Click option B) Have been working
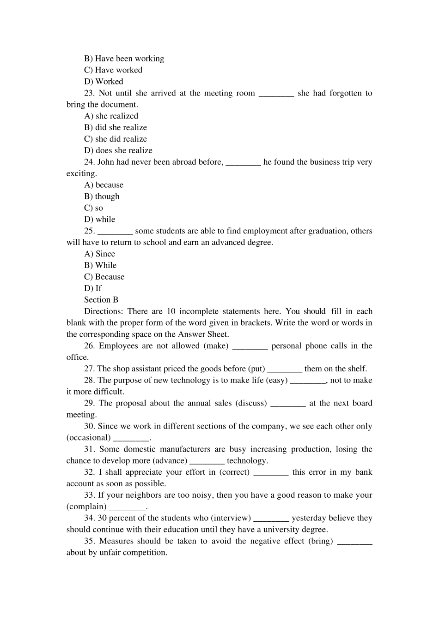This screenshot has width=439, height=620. (x=124, y=59)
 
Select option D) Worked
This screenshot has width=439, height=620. (x=104, y=82)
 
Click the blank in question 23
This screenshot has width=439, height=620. (x=276, y=94)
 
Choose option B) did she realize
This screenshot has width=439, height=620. (x=116, y=127)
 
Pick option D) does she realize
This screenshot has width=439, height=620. (x=118, y=150)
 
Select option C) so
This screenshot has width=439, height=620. (x=93, y=208)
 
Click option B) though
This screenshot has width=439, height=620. (x=102, y=197)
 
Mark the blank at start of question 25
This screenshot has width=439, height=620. (x=116, y=232)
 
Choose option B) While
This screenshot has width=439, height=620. (x=100, y=265)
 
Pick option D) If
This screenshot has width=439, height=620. (x=92, y=288)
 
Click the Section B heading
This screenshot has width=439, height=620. (x=101, y=300)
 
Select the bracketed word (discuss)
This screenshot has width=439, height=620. (x=251, y=403)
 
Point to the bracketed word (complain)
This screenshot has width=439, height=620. (x=86, y=507)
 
